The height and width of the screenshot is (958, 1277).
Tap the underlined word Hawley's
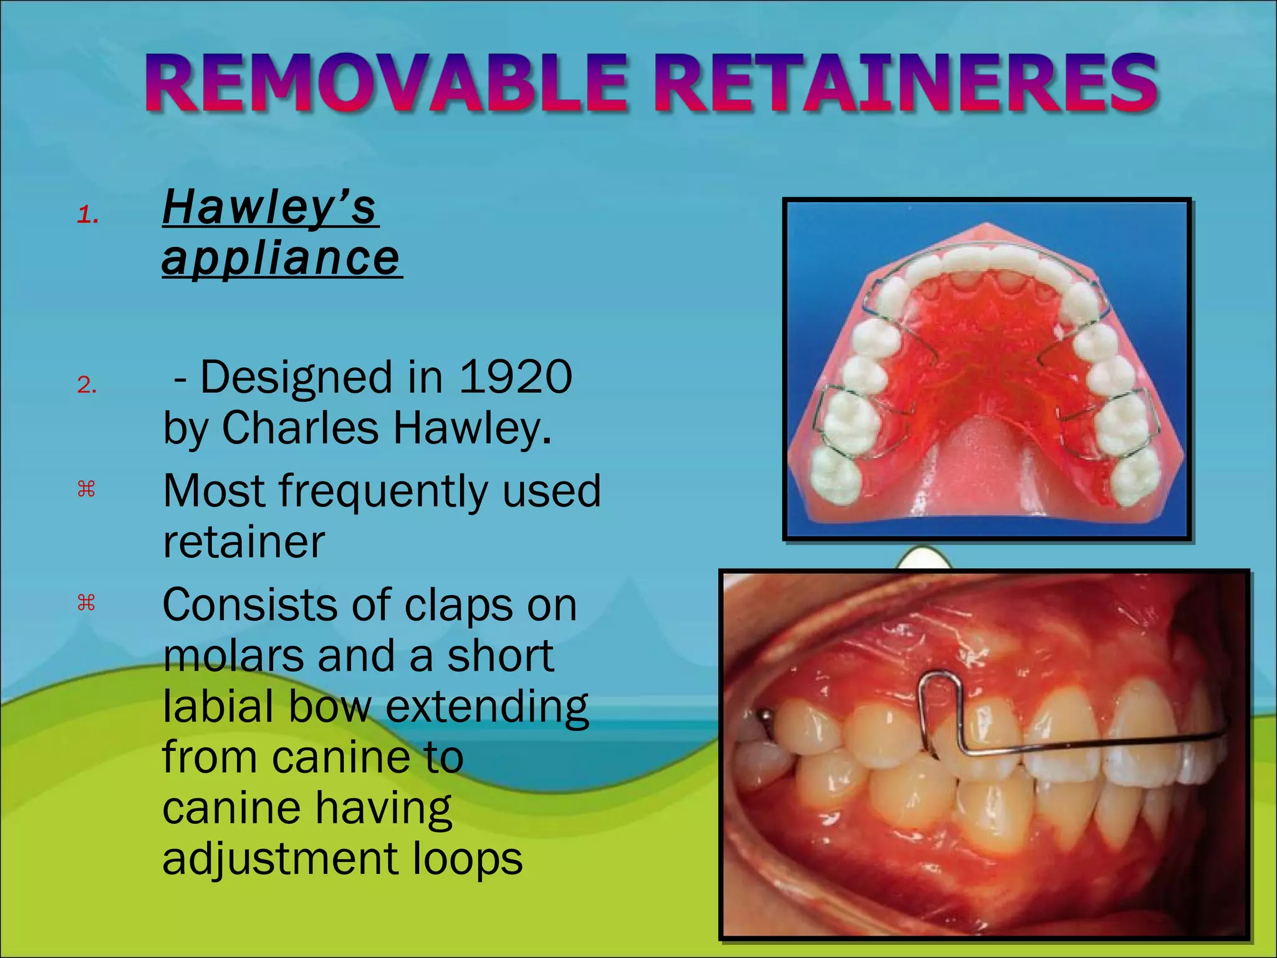click(269, 207)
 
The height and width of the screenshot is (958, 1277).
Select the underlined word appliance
click(281, 258)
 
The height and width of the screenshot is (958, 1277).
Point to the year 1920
click(515, 377)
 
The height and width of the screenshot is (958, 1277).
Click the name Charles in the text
click(300, 428)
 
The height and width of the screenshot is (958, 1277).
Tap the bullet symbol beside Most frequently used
click(86, 490)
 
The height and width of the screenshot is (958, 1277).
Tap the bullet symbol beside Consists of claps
click(86, 603)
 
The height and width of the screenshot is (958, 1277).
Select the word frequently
click(386, 491)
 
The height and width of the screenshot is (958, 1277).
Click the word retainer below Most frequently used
click(243, 542)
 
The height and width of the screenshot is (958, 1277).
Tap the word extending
click(486, 708)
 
